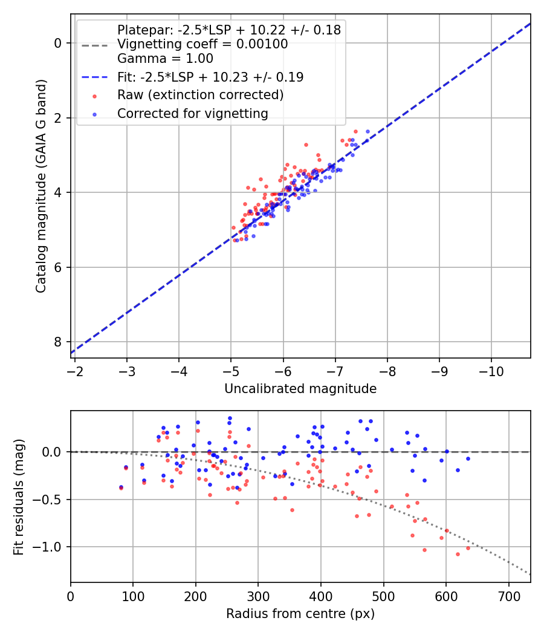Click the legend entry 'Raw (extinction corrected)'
(x=200, y=95)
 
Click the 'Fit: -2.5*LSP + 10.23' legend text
(x=210, y=77)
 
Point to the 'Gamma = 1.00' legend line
(x=165, y=59)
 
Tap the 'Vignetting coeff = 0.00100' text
(x=202, y=44)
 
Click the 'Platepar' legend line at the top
(x=228, y=30)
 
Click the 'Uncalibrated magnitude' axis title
(x=300, y=389)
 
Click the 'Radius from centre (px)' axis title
(x=300, y=614)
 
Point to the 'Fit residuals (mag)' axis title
(x=19, y=497)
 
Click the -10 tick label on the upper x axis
(x=491, y=369)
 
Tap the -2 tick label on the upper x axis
(x=75, y=369)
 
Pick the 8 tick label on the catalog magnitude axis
(x=58, y=342)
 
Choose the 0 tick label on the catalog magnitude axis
(x=58, y=43)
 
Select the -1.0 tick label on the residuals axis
(x=51, y=547)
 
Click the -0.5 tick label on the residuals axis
(x=51, y=500)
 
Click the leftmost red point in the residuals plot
(x=121, y=487)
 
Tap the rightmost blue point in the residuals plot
(x=468, y=458)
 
